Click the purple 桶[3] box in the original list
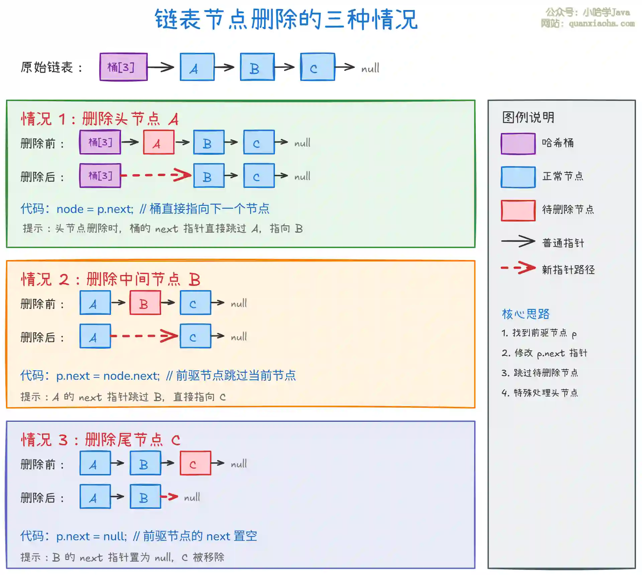click(x=123, y=67)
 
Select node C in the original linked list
click(x=317, y=67)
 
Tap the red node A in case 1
click(x=158, y=142)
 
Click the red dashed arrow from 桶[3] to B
click(x=156, y=175)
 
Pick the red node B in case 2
click(x=145, y=303)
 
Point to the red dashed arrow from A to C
click(x=144, y=336)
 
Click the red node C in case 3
click(x=195, y=463)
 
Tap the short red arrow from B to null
click(x=170, y=497)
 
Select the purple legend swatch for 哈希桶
click(x=518, y=144)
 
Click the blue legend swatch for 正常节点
click(x=518, y=177)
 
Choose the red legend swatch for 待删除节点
click(x=518, y=210)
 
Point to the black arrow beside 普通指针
click(x=518, y=241)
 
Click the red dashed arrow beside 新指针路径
click(x=518, y=268)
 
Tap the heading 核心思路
click(x=526, y=314)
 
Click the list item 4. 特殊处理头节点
click(x=540, y=393)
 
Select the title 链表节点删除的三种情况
click(x=286, y=19)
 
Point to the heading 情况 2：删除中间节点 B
click(x=110, y=279)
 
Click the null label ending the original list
click(x=370, y=68)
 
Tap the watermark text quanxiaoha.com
click(x=601, y=23)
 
